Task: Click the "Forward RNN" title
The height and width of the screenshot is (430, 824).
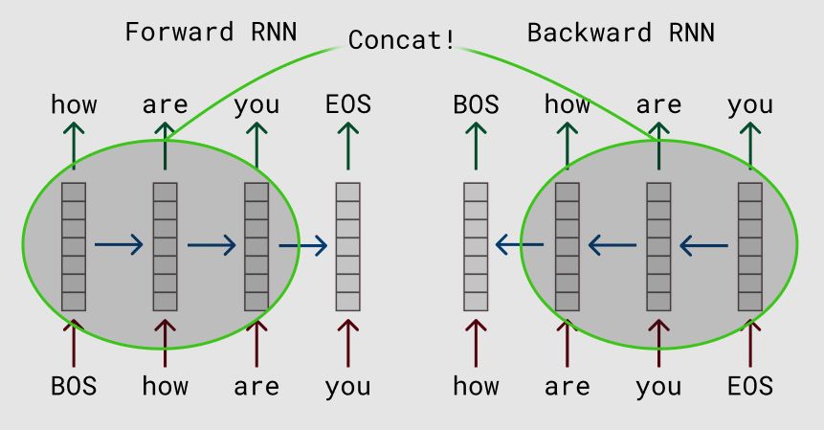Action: [211, 32]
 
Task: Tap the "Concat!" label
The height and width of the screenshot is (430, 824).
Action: [401, 40]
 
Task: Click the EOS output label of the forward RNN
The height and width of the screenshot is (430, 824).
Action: [347, 104]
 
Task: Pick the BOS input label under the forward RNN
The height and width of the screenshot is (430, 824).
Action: [74, 387]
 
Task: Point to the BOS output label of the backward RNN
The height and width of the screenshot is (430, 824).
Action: [476, 104]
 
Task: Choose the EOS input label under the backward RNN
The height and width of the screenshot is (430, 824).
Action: [749, 387]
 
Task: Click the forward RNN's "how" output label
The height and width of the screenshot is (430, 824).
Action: [74, 104]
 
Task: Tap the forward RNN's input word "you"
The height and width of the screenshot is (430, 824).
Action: [347, 387]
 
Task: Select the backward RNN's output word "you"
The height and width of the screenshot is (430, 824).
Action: [749, 104]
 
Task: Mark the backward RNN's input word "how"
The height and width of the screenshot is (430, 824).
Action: [476, 387]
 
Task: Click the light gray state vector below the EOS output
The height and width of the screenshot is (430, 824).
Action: [347, 246]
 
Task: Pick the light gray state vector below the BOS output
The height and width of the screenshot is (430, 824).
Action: [476, 246]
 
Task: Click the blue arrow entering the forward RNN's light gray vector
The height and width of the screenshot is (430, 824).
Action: [303, 246]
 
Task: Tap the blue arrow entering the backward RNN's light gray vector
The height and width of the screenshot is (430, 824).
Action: [520, 246]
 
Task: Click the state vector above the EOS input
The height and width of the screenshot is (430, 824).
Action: [749, 246]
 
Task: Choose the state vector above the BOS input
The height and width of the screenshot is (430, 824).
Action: [74, 246]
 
